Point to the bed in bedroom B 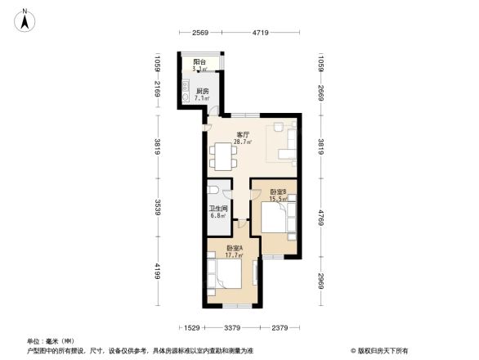(x=275, y=219)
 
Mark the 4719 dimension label (x=260, y=33)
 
